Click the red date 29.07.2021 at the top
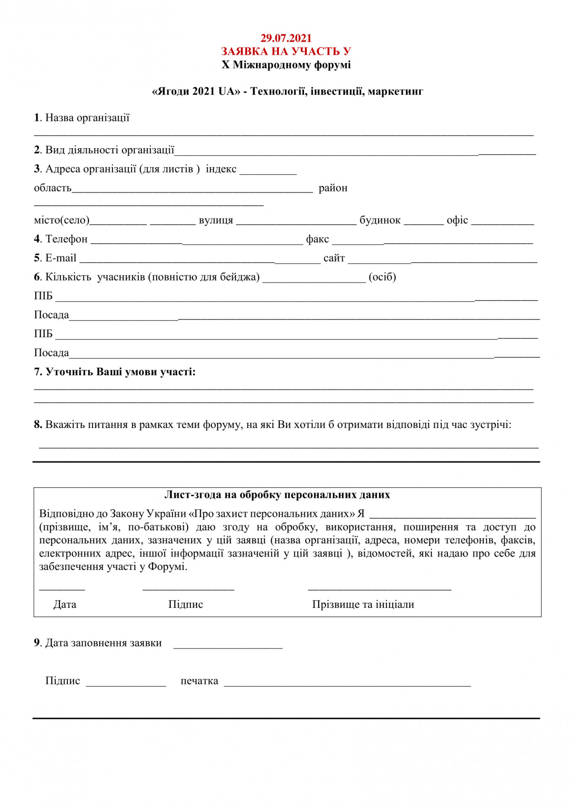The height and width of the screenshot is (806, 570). (286, 38)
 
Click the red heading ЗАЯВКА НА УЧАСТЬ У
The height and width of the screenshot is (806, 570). (286, 51)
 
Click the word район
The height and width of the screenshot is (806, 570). (333, 188)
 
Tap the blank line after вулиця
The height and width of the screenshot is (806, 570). (296, 222)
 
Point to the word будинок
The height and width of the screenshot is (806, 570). (380, 220)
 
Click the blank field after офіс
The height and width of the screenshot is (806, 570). (503, 222)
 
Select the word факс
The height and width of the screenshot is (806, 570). (317, 239)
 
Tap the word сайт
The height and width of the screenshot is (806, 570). (334, 258)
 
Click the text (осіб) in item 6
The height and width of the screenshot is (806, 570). (382, 277)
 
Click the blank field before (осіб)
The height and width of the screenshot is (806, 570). (314, 279)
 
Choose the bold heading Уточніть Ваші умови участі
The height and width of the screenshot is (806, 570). (120, 372)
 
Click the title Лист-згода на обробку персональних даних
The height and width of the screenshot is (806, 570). (277, 495)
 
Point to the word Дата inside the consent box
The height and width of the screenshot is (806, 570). (65, 605)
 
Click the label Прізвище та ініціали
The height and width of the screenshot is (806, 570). (363, 605)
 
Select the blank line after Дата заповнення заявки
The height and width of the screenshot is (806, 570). (228, 645)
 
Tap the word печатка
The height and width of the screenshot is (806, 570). (199, 681)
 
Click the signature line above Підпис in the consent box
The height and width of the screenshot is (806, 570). (188, 589)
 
